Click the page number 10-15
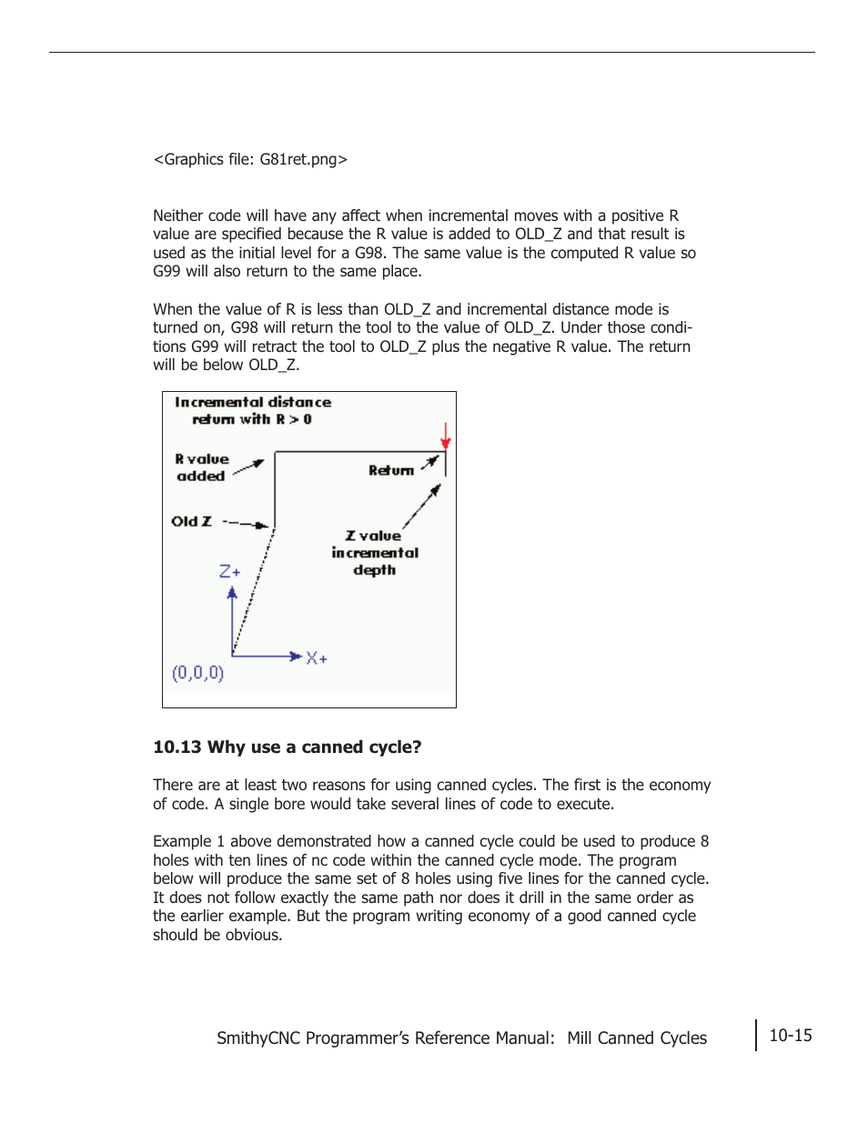click(x=790, y=1035)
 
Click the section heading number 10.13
click(x=177, y=747)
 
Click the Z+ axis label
click(x=229, y=572)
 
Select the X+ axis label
click(x=317, y=658)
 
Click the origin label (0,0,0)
click(x=197, y=673)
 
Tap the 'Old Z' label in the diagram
click(x=191, y=521)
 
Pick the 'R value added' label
click(x=201, y=467)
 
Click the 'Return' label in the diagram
click(x=390, y=470)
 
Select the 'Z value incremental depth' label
click(x=374, y=553)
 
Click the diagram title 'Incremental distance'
click(x=253, y=402)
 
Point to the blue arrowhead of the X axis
click(x=296, y=656)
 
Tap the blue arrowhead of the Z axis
click(x=232, y=593)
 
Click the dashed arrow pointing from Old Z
click(x=246, y=524)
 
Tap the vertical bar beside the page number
click(x=755, y=1035)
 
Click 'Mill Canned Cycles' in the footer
click(x=636, y=1038)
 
